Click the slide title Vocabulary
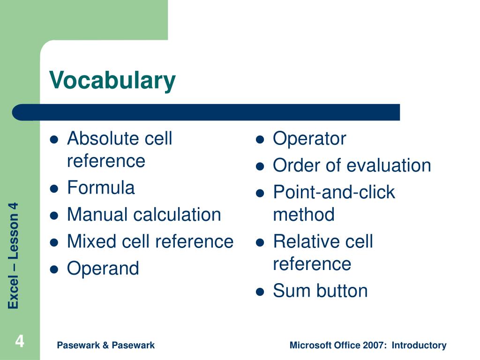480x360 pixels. coord(112,80)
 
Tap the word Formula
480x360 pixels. coord(101,187)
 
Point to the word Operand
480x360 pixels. coord(103,269)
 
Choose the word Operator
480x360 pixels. coord(309,139)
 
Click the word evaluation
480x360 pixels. coord(389,165)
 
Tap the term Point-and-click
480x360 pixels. coord(334,192)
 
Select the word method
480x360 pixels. coord(304,214)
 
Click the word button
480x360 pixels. coord(342,291)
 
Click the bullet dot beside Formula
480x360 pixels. coord(54,189)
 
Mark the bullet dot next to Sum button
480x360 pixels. coord(260,292)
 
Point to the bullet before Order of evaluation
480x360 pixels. coord(260,167)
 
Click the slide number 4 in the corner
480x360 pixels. coord(20,341)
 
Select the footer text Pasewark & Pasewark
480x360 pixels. coord(105,345)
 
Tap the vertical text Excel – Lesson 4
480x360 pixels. coord(14,255)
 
